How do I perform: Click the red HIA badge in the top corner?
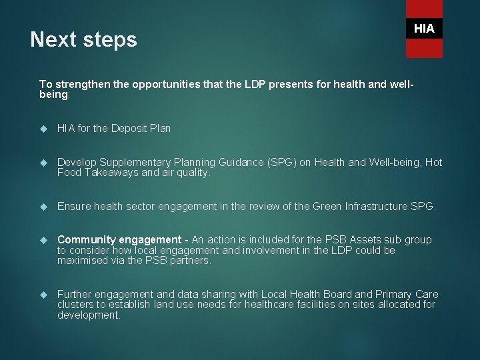pyautogui.click(x=424, y=29)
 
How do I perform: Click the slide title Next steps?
pyautogui.click(x=84, y=41)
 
